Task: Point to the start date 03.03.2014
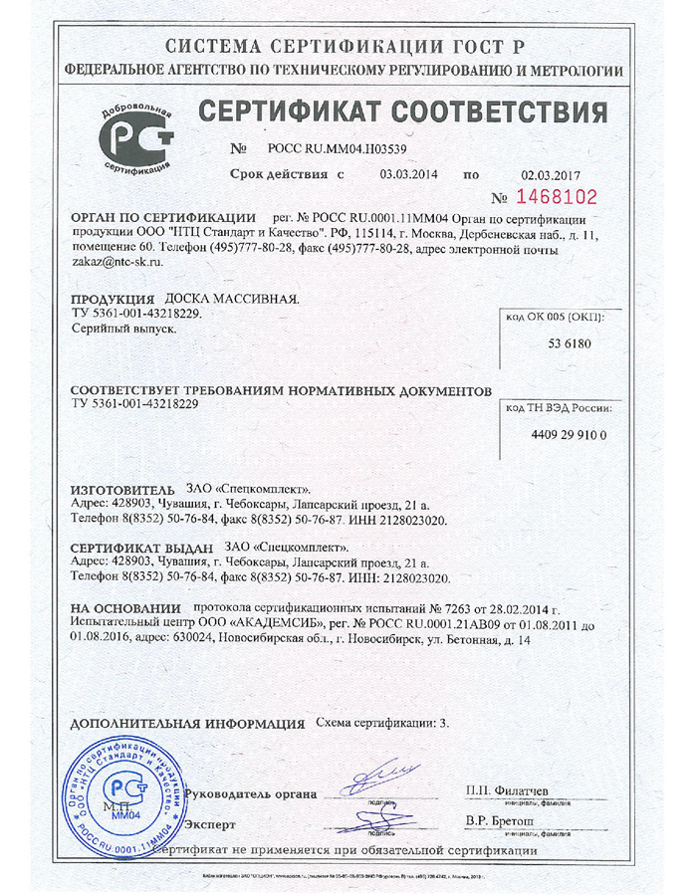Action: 409,174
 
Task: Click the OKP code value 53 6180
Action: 569,342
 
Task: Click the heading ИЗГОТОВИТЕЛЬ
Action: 123,491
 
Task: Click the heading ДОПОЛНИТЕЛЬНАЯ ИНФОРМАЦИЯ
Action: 189,724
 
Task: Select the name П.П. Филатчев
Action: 509,790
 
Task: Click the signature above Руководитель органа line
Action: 381,775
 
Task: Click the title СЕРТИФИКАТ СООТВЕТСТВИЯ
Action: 403,111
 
